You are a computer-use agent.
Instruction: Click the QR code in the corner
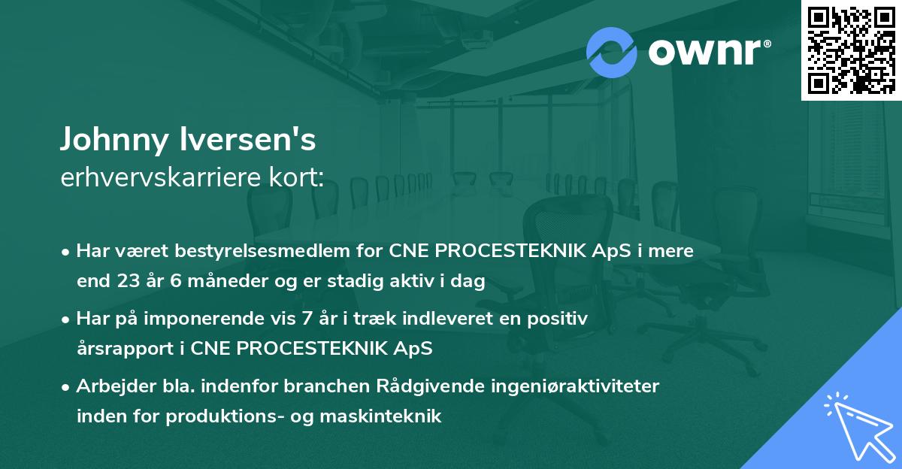[x=851, y=50]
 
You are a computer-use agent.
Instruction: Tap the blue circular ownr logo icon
[x=612, y=51]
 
